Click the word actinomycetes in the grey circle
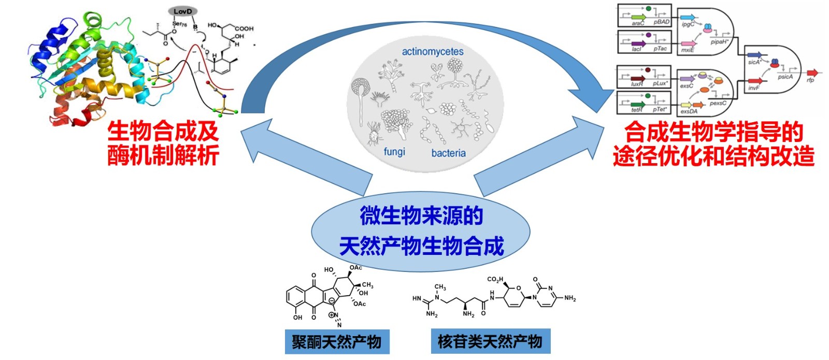pyautogui.click(x=433, y=51)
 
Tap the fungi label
pyautogui.click(x=394, y=152)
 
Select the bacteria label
pyautogui.click(x=448, y=153)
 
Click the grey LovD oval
pyautogui.click(x=183, y=11)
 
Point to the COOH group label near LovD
pyautogui.click(x=244, y=28)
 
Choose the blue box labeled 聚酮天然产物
pyautogui.click(x=337, y=341)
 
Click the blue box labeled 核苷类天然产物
pyautogui.click(x=490, y=341)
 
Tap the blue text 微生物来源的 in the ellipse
pyautogui.click(x=421, y=215)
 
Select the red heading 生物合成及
pyautogui.click(x=163, y=132)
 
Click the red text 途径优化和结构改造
pyautogui.click(x=713, y=156)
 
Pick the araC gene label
pyautogui.click(x=638, y=23)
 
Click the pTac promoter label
pyautogui.click(x=660, y=49)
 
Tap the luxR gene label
pyautogui.click(x=637, y=84)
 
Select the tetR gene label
pyautogui.click(x=637, y=110)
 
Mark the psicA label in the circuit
pyautogui.click(x=785, y=77)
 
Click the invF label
pyautogui.click(x=753, y=88)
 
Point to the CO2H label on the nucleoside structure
pyautogui.click(x=495, y=280)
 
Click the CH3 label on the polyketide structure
pyautogui.click(x=367, y=285)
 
